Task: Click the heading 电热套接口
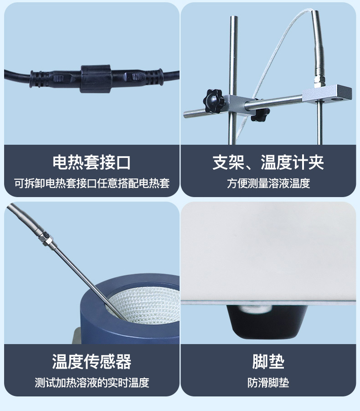[92, 162]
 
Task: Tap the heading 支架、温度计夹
[268, 162]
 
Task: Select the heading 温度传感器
[92, 361]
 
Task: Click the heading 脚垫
[268, 361]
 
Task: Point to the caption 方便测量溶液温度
[268, 183]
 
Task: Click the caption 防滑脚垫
[268, 383]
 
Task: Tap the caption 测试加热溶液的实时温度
[92, 383]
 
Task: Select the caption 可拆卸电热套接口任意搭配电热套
[92, 183]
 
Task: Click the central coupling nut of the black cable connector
[96, 79]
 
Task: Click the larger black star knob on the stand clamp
[214, 101]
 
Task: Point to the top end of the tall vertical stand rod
[234, 17]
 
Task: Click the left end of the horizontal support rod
[185, 115]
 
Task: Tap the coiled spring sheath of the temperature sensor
[24, 218]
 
